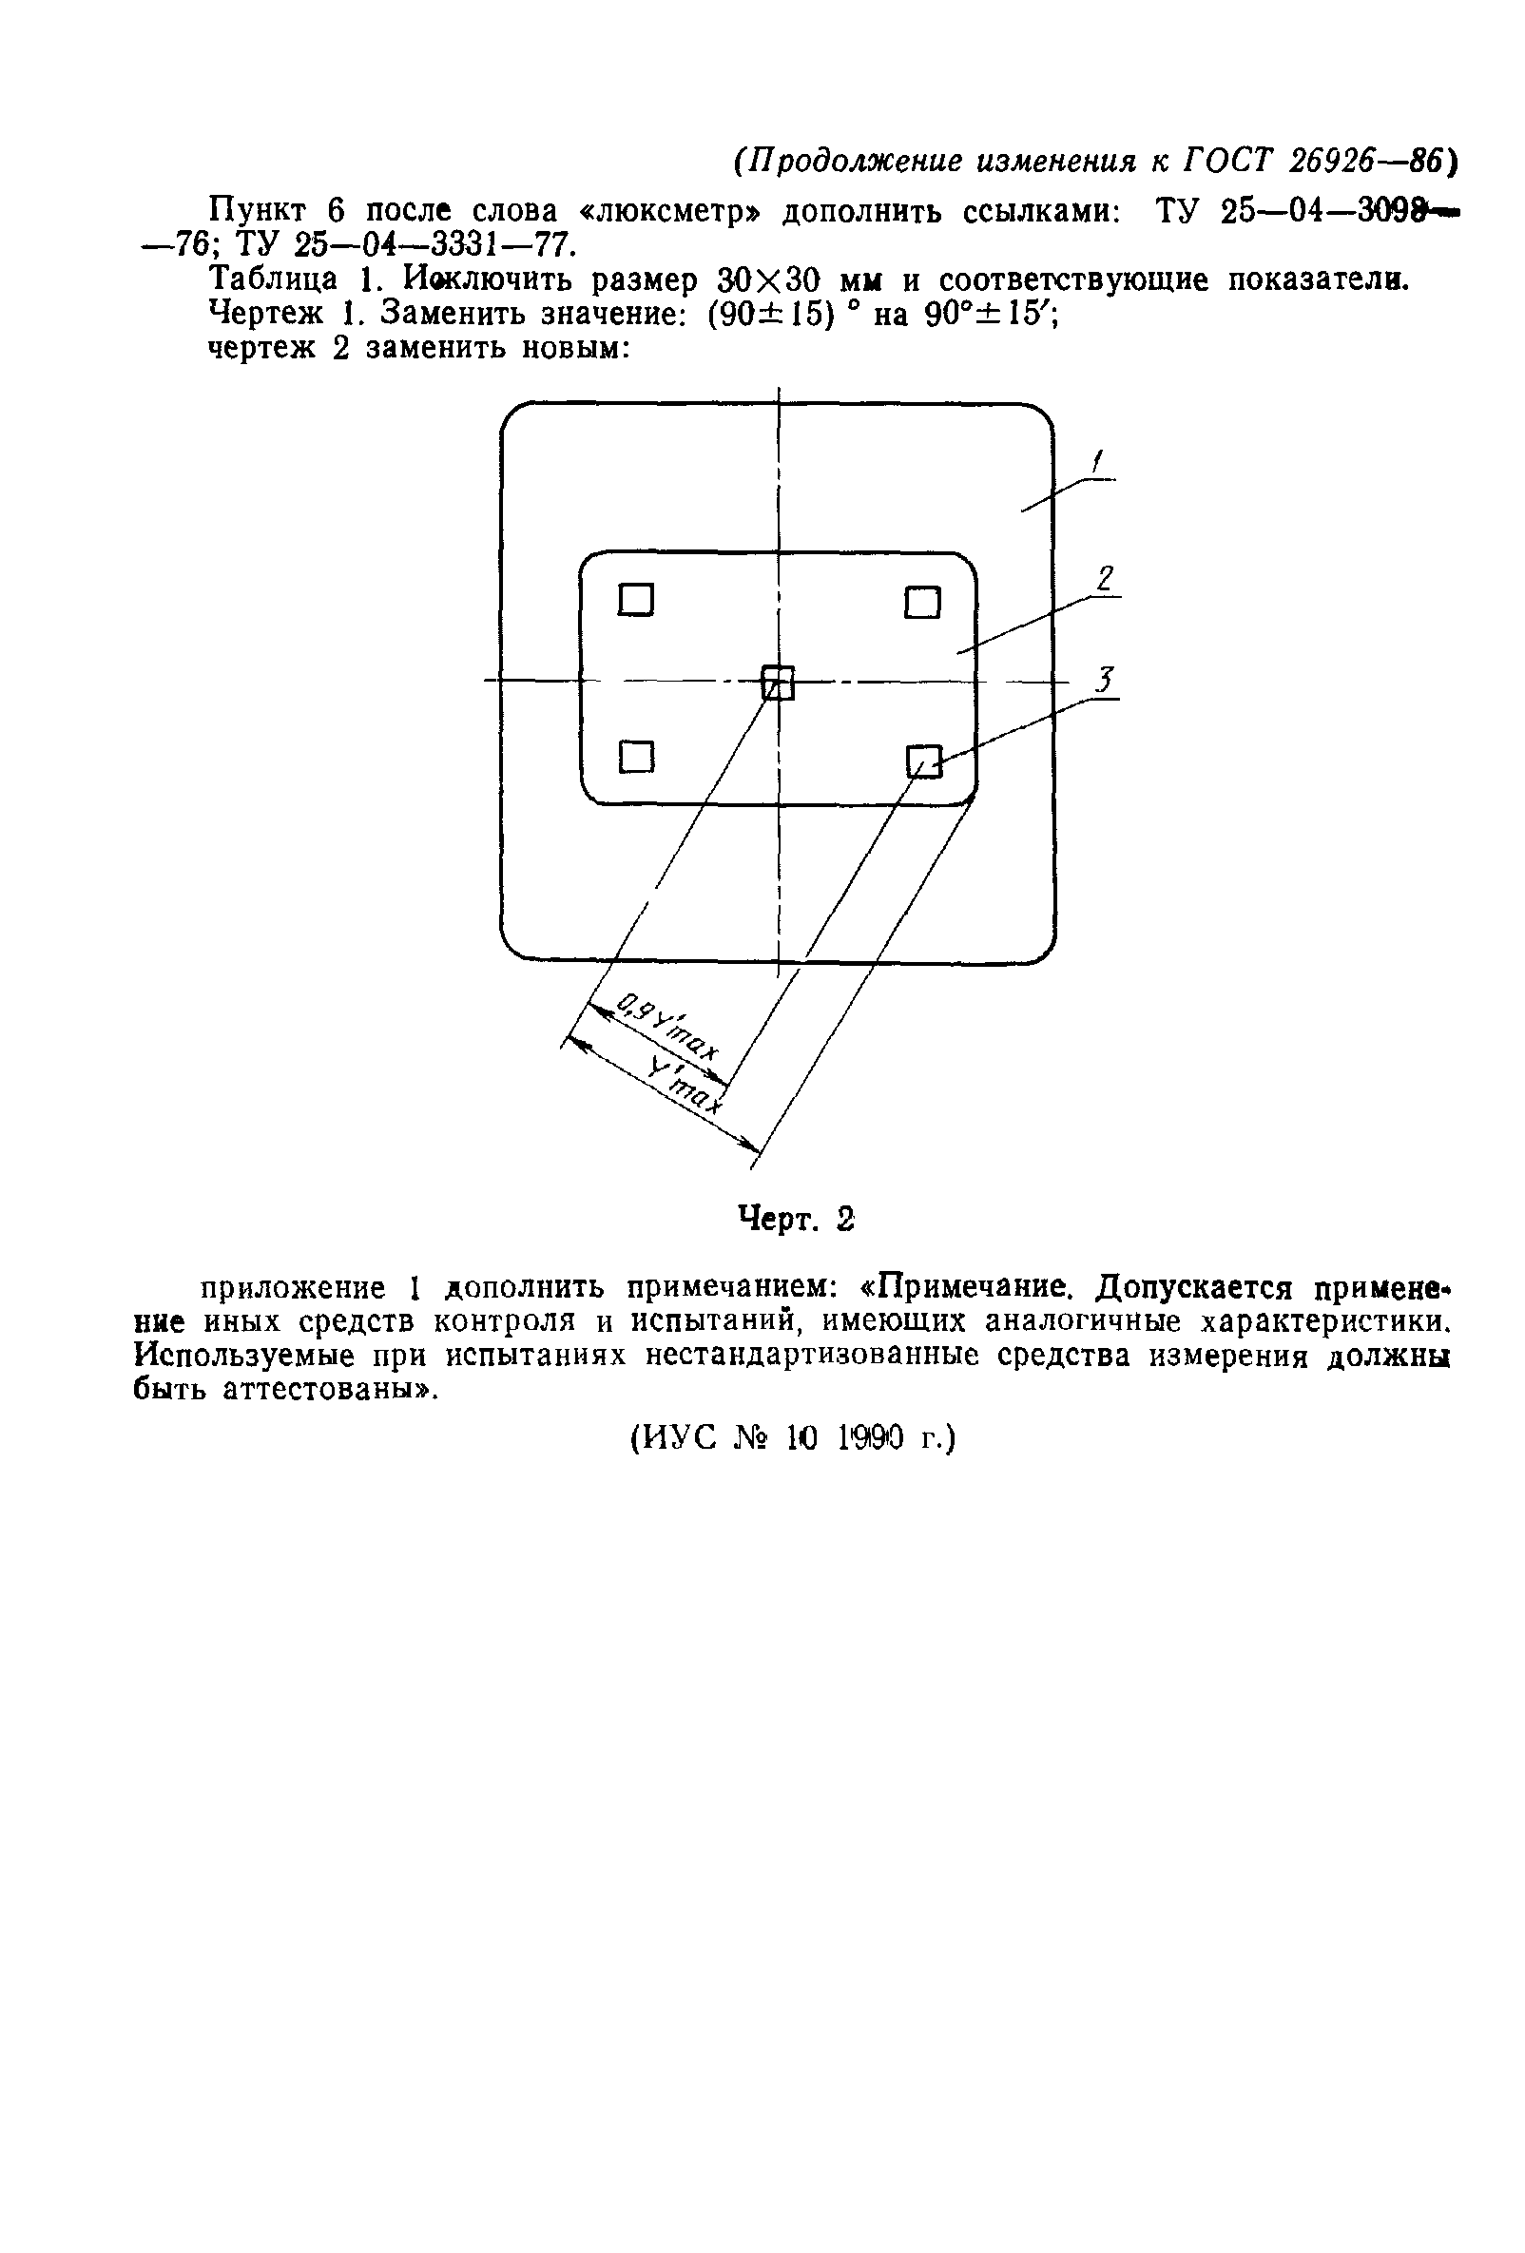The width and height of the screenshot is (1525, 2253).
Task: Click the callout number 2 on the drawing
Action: click(1104, 579)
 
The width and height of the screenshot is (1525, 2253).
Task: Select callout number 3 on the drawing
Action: click(1105, 680)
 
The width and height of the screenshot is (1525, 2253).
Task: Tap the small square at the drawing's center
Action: click(777, 683)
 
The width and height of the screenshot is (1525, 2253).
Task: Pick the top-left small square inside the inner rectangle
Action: click(636, 600)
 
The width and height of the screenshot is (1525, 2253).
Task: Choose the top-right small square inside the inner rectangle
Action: click(922, 603)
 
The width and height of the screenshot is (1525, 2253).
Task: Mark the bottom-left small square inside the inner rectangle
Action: click(636, 755)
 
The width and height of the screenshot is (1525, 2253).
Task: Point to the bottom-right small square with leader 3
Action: click(923, 761)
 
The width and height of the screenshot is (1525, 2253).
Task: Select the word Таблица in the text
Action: click(275, 280)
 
